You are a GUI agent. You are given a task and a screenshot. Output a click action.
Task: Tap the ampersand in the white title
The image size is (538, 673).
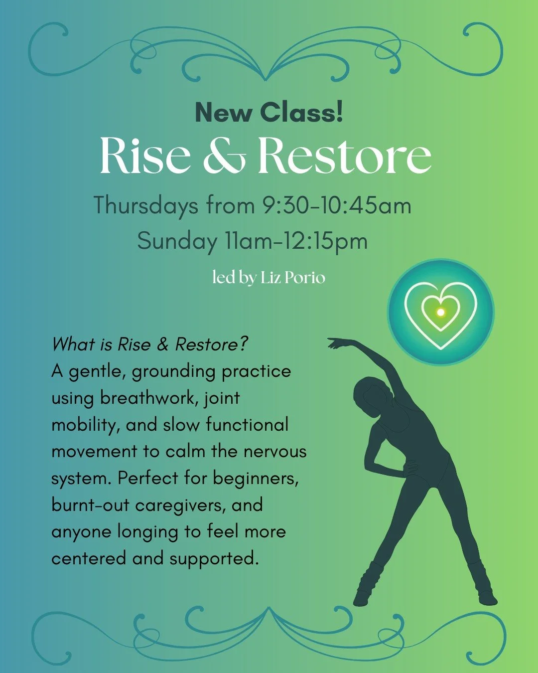coord(224,156)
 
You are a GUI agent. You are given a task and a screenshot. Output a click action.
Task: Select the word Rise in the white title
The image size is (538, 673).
coord(145,156)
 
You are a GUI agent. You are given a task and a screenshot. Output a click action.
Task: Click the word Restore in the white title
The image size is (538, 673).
coord(344,156)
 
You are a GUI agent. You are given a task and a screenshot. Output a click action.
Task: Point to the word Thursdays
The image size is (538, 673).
coord(146,205)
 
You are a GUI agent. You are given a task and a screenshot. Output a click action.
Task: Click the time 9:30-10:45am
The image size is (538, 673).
coord(337,205)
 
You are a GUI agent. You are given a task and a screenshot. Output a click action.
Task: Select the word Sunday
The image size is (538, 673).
coord(177,241)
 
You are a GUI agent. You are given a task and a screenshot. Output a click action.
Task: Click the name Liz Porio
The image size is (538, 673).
coord(292,277)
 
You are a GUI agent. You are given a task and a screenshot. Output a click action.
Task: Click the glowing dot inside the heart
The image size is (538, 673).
coord(440,312)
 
